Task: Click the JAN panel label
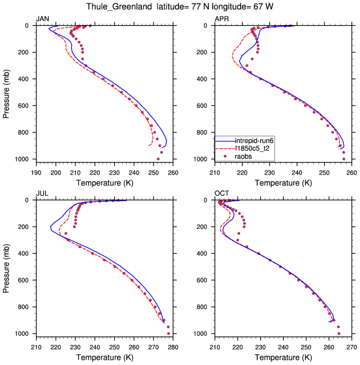[x=43, y=19]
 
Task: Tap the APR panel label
[x=221, y=19]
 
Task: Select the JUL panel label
[x=42, y=194]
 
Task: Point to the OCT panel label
[x=222, y=194]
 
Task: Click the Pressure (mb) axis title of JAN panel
[x=6, y=92]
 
